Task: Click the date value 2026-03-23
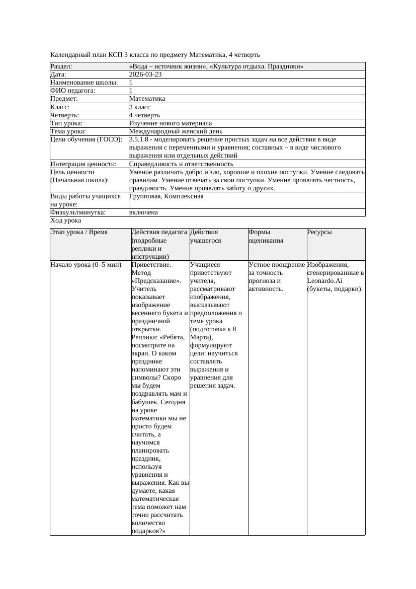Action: [x=145, y=75]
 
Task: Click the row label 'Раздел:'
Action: [x=61, y=66]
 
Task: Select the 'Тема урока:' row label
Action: [x=68, y=131]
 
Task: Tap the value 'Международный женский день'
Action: [x=169, y=131]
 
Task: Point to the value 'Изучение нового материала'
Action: [x=171, y=123]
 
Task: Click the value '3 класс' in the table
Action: [x=140, y=107]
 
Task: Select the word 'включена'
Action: [x=143, y=212]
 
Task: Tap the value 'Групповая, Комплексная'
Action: [x=167, y=196]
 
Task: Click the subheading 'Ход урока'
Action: [x=66, y=220]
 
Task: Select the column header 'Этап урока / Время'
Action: [x=79, y=232]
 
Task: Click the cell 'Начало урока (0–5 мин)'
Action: [x=86, y=264]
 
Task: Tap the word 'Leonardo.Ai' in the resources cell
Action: [x=325, y=280]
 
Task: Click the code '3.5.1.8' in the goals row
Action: [x=139, y=139]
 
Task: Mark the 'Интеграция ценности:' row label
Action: [x=84, y=164]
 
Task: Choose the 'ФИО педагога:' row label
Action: [x=73, y=91]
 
